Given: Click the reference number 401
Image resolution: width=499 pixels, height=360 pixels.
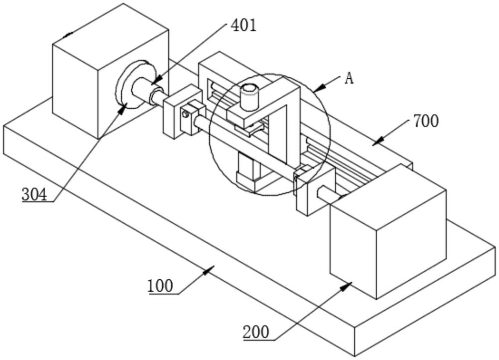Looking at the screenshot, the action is [x=244, y=26].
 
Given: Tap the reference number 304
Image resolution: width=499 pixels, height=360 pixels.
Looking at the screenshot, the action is [x=34, y=194].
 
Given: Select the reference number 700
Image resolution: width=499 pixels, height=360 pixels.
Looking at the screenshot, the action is [x=426, y=121].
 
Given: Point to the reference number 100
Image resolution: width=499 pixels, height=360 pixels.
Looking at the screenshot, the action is [x=160, y=286].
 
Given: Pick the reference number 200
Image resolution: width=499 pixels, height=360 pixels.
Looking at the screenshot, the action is [x=256, y=333].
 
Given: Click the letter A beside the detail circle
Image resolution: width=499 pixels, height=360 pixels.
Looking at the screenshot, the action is [x=349, y=78].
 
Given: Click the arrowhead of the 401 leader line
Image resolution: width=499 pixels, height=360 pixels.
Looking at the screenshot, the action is [x=155, y=81].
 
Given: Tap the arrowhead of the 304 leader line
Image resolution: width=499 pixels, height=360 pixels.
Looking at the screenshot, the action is [x=123, y=108].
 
